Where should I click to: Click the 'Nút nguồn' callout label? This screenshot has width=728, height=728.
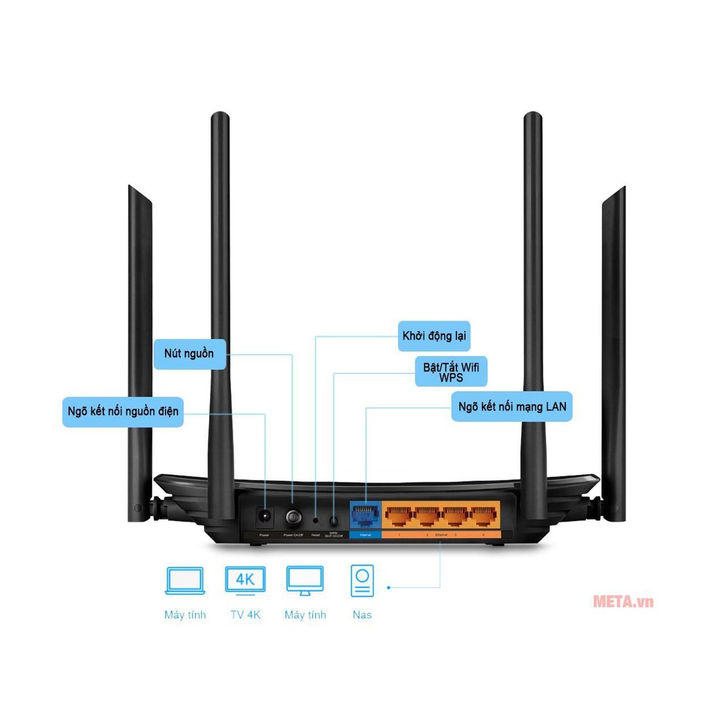click(189, 353)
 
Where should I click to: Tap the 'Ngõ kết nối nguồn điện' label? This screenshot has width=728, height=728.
click(123, 412)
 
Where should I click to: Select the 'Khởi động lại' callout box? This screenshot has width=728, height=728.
click(434, 336)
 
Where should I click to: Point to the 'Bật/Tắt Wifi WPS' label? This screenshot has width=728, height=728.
click(451, 372)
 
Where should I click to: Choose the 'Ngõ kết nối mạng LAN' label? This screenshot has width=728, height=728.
click(511, 407)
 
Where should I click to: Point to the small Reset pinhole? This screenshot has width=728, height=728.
click(316, 520)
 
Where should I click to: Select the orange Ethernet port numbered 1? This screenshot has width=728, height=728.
click(400, 515)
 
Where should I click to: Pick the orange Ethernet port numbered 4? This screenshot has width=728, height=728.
click(483, 515)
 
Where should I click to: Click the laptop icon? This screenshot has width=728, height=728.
click(185, 580)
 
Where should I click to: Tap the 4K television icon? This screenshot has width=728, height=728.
click(245, 579)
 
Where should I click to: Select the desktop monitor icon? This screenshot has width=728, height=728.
click(305, 580)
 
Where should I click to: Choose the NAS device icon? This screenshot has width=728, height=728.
click(362, 580)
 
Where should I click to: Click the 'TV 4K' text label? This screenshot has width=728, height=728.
click(245, 615)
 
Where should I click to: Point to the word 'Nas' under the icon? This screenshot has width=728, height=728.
click(362, 615)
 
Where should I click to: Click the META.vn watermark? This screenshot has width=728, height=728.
click(623, 601)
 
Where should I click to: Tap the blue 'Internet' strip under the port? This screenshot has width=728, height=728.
click(365, 534)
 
